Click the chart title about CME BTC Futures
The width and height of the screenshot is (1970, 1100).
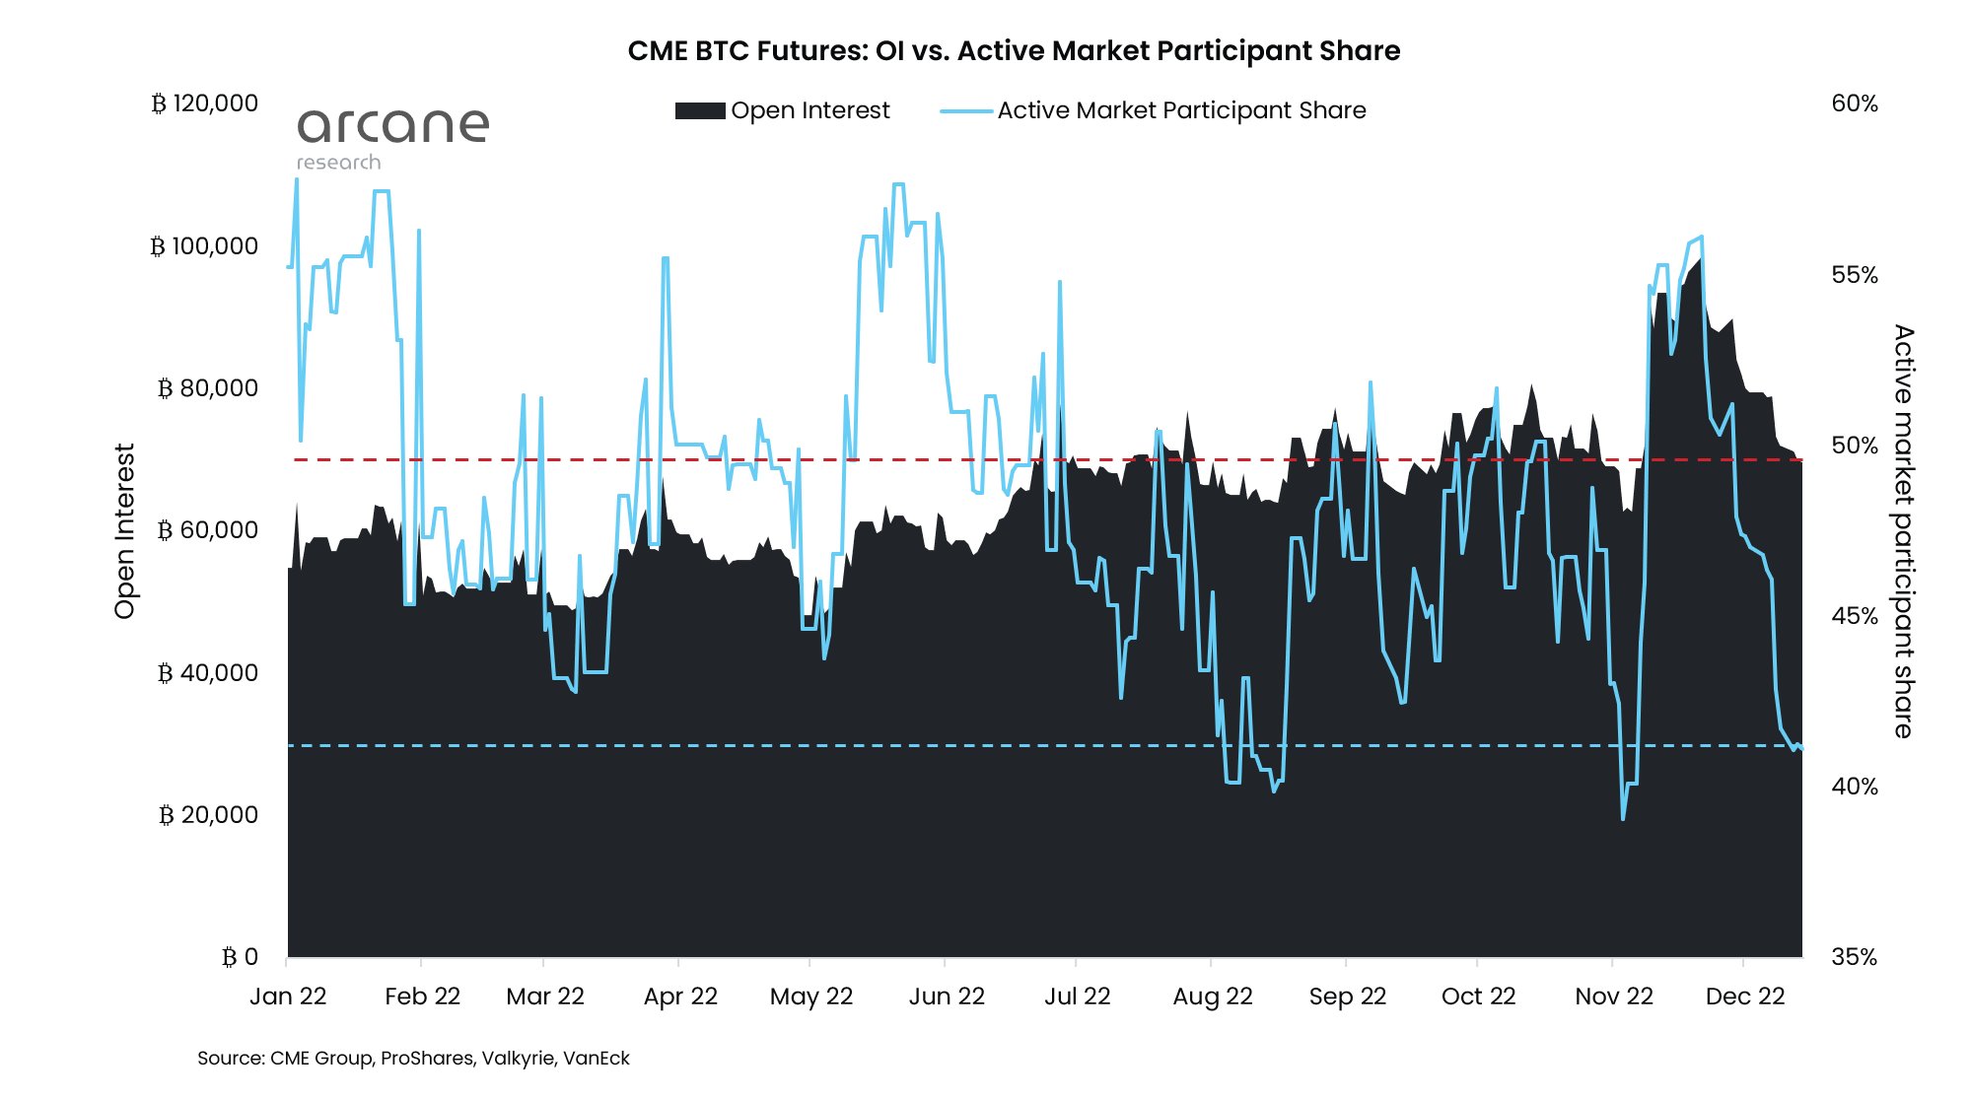point(1014,51)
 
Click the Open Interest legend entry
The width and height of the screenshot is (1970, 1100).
point(809,110)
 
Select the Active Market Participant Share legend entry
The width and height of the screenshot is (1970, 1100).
point(1181,110)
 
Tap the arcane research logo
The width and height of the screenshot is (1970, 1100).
point(392,139)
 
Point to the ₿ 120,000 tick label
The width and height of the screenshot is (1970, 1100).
point(205,103)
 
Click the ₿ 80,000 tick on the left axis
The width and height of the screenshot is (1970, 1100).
point(208,388)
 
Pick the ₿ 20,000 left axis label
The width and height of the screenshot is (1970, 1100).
point(208,815)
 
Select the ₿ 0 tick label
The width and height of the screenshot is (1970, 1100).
point(240,957)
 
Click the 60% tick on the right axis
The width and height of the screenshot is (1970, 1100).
point(1854,103)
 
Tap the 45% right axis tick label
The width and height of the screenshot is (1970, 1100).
point(1854,616)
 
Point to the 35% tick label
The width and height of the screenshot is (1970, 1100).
point(1854,957)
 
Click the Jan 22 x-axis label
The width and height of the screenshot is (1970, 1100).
point(288,997)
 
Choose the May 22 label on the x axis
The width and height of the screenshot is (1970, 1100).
point(811,997)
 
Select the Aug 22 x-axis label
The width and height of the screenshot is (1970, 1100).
point(1212,997)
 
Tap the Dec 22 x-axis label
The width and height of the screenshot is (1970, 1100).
point(1744,997)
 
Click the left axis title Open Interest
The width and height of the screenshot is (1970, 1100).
point(124,531)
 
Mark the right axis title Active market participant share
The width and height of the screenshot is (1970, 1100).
point(1903,531)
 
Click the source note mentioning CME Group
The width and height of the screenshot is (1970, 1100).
point(413,1059)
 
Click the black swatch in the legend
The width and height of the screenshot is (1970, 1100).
point(700,110)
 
